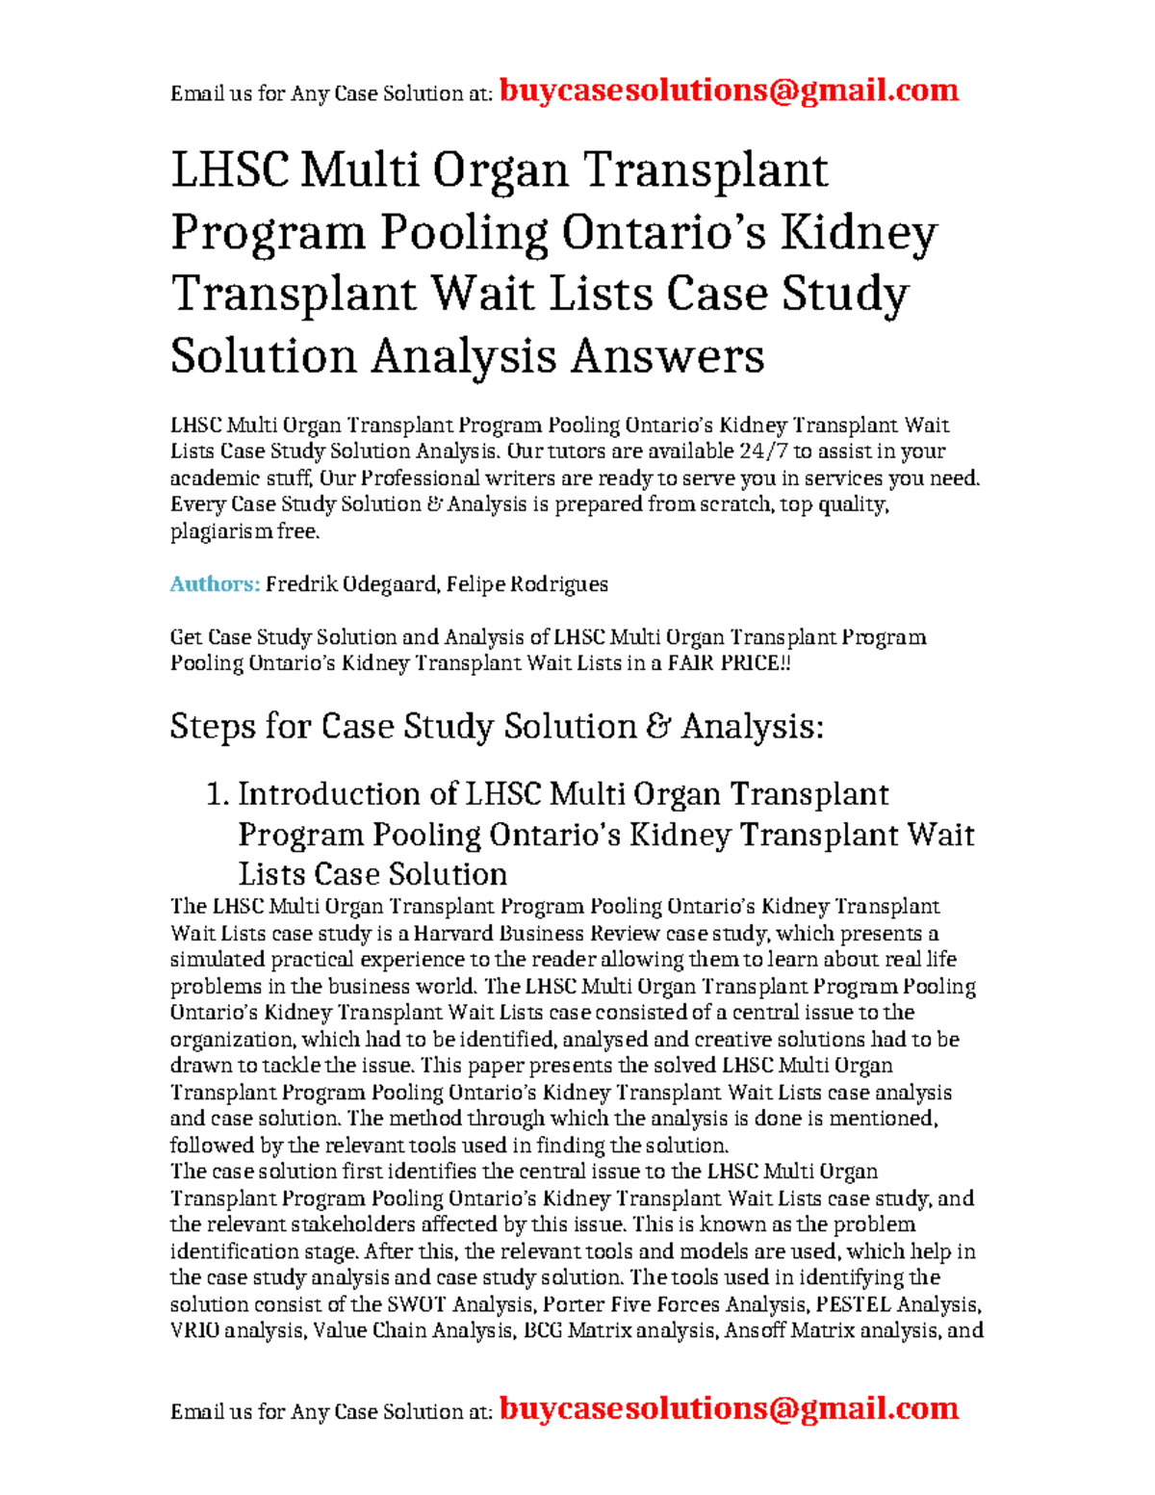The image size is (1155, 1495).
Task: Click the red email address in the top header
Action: point(729,90)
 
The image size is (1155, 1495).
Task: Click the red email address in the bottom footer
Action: point(729,1408)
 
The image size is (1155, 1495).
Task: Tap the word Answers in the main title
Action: point(667,356)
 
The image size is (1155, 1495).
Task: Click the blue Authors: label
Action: point(215,584)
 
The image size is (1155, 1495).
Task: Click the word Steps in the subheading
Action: point(213,726)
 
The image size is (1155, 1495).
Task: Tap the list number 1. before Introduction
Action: point(218,794)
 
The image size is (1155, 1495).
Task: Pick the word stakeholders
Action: point(319,1225)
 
